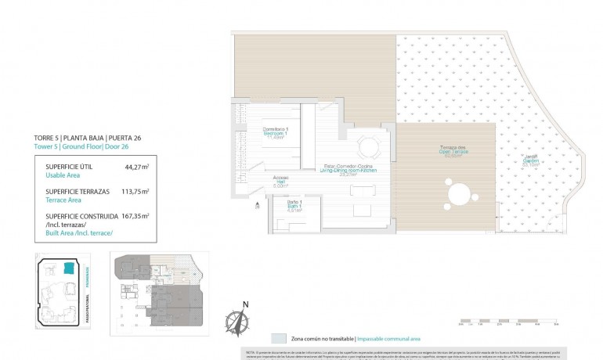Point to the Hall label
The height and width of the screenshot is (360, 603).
click(x=280, y=184)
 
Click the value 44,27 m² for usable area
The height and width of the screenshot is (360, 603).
click(x=138, y=166)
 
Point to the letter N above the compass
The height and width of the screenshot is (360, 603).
click(x=245, y=305)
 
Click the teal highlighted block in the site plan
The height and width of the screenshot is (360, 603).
click(x=69, y=268)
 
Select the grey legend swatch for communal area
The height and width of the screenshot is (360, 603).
click(x=279, y=339)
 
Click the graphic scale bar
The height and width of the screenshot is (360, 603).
click(x=508, y=319)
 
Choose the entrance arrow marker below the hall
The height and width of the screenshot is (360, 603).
click(x=256, y=201)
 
